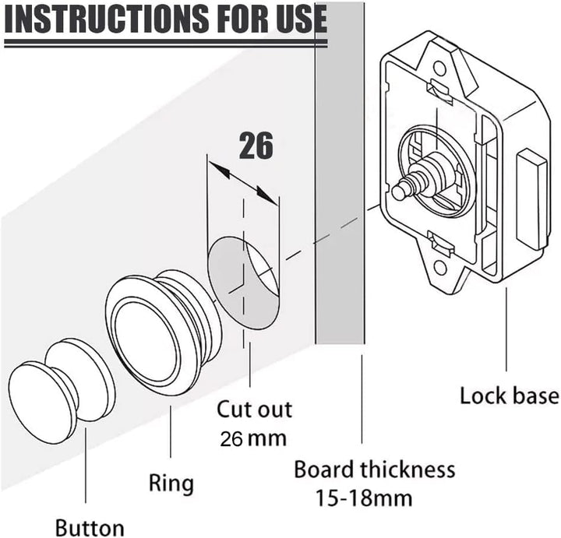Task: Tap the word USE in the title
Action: coord(292,23)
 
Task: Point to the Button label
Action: coord(90,526)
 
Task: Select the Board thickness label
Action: coord(374,469)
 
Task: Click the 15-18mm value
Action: coord(364,497)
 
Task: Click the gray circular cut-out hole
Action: coord(242,281)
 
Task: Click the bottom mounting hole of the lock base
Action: coord(440,267)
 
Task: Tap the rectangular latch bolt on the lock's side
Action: coord(533,199)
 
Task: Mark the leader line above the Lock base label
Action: coord(506,327)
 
